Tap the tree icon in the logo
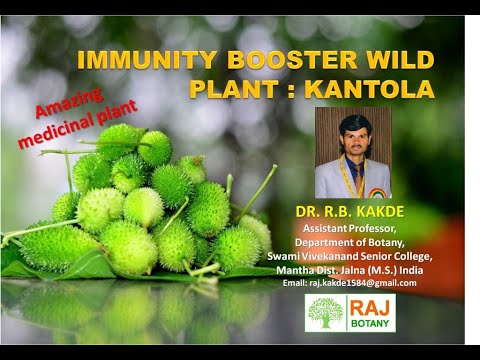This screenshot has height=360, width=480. (323, 313)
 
